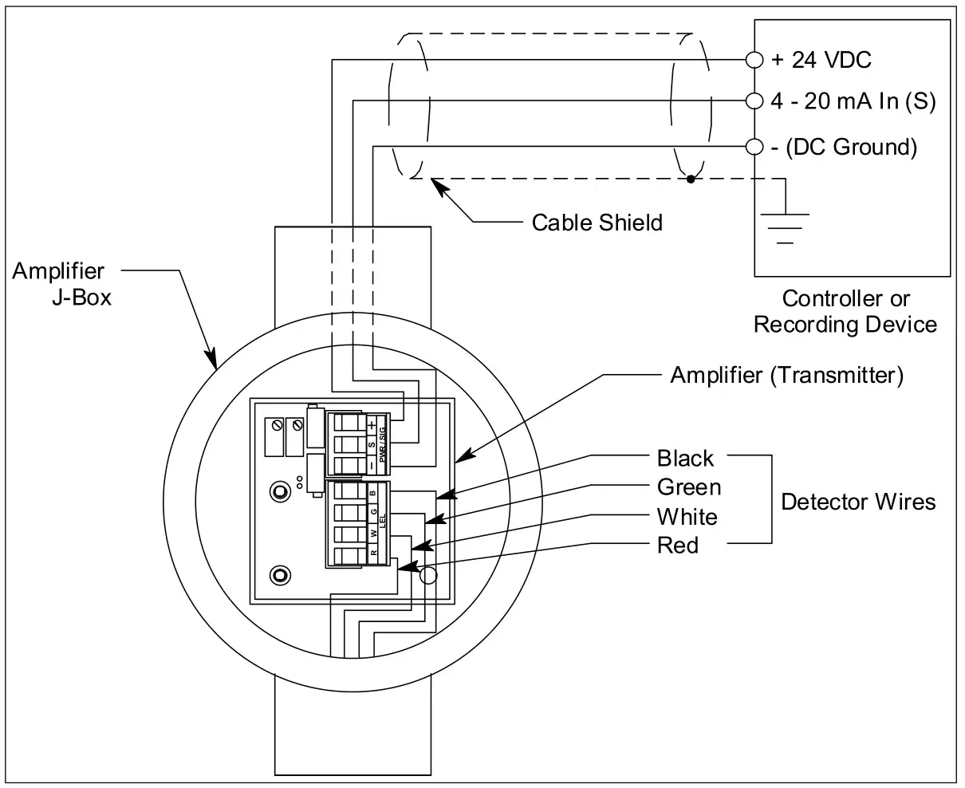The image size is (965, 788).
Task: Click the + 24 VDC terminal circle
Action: coord(754,59)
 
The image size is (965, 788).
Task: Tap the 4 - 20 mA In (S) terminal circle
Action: coord(754,100)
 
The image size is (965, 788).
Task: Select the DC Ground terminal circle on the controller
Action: coord(754,147)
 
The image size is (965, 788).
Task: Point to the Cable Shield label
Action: coord(597,222)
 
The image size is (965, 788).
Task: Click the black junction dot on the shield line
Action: coord(691,179)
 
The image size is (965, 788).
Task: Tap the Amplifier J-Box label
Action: coord(62,285)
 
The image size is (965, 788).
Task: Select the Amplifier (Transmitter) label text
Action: coord(786,375)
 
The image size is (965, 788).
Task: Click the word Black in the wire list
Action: coord(685,459)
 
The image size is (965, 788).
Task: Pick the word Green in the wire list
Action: coord(688,487)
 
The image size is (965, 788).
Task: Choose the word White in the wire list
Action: coord(687,517)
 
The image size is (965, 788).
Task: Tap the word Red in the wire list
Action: coord(677,546)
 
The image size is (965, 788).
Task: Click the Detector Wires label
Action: coord(857,502)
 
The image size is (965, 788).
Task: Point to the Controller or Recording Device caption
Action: coord(845,312)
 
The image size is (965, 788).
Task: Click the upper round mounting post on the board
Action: coord(279,492)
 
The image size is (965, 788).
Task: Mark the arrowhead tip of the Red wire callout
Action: coord(398,568)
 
